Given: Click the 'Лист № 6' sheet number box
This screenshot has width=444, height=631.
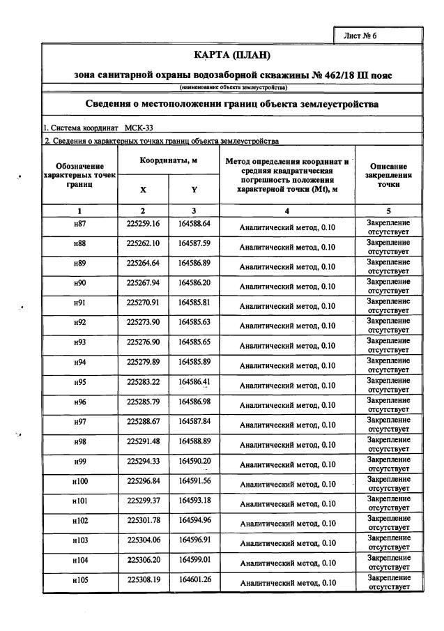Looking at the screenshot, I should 378,35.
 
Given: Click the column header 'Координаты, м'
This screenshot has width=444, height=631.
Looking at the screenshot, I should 169,160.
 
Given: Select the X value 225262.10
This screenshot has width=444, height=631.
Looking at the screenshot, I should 144,247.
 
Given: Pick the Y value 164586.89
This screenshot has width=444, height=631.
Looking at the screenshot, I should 194,266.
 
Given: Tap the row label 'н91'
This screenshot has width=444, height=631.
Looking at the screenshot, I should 79,305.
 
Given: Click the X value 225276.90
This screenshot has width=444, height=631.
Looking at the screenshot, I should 144,344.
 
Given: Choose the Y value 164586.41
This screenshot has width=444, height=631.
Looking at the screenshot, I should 194,383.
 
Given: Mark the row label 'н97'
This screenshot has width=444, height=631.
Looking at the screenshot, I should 79,423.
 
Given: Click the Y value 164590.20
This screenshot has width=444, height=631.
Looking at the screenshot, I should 194,462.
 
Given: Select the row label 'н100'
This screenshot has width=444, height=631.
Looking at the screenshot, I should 79,481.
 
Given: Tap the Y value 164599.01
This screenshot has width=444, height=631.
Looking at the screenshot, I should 194,559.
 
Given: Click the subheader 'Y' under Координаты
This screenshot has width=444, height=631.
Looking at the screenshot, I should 194,190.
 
